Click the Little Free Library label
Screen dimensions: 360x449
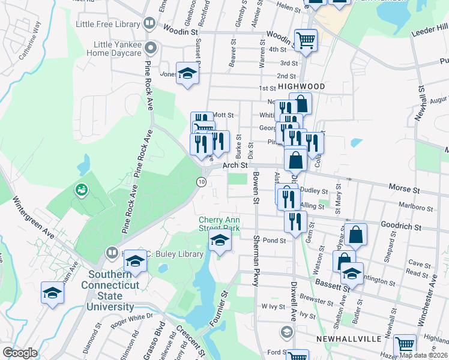108,25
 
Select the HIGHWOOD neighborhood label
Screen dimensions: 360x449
301,86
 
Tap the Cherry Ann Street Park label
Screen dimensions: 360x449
220,224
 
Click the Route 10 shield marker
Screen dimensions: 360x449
202,181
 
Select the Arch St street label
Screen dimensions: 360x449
235,165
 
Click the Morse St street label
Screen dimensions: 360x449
404,189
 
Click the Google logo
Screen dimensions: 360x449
20,353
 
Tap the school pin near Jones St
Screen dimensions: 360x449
188,74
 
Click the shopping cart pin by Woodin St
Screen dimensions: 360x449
306,40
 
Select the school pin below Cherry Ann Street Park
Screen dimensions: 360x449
220,241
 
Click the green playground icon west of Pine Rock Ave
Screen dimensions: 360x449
80,190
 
